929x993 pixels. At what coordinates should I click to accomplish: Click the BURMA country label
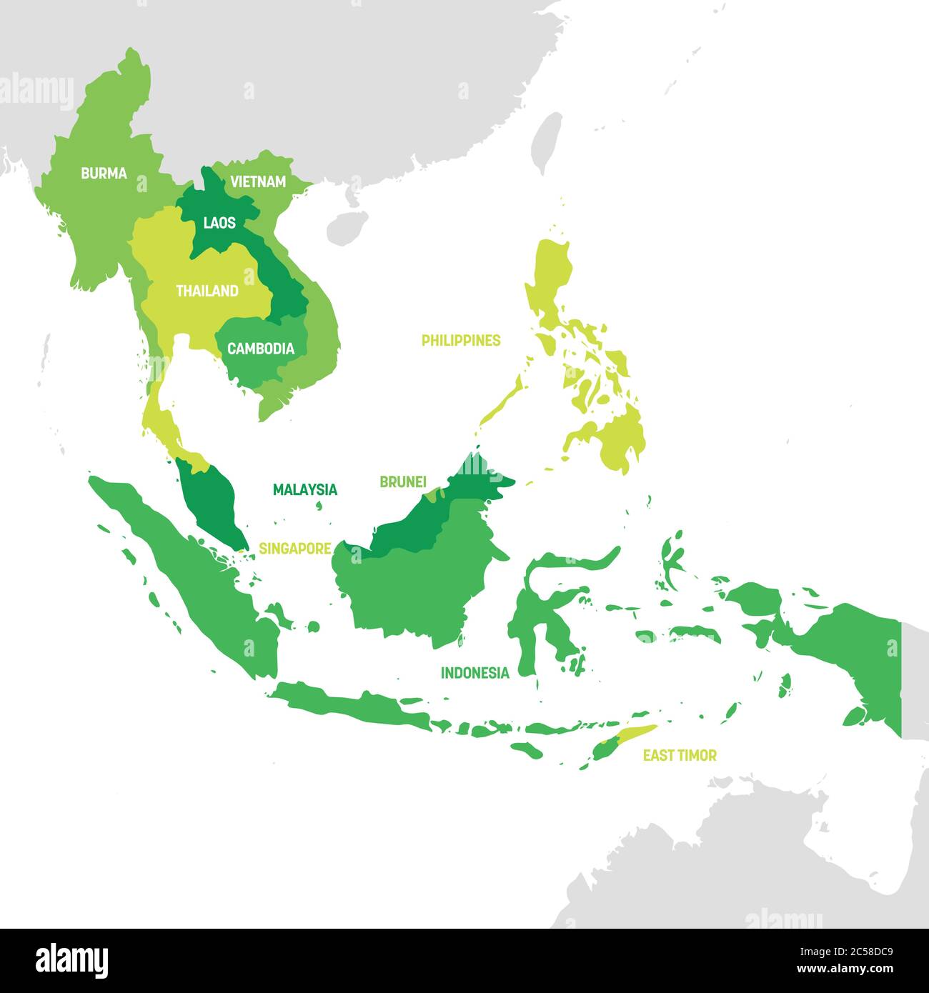click(x=104, y=174)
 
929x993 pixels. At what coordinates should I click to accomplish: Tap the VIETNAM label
click(x=257, y=182)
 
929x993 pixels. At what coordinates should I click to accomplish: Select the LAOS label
click(x=219, y=223)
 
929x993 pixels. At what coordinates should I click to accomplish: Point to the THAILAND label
click(x=207, y=291)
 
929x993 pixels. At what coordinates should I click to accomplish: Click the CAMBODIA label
click(x=260, y=349)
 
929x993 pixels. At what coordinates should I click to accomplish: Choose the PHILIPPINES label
click(x=461, y=341)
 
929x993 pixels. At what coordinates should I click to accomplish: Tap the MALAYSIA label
click(x=305, y=490)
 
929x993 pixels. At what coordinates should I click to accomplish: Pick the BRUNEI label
click(x=403, y=482)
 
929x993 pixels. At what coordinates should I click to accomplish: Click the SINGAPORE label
click(x=295, y=549)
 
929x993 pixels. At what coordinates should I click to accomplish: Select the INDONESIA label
click(x=475, y=673)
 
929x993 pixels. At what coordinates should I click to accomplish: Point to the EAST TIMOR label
click(x=680, y=755)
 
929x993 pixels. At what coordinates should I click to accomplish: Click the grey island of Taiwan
click(x=547, y=143)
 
